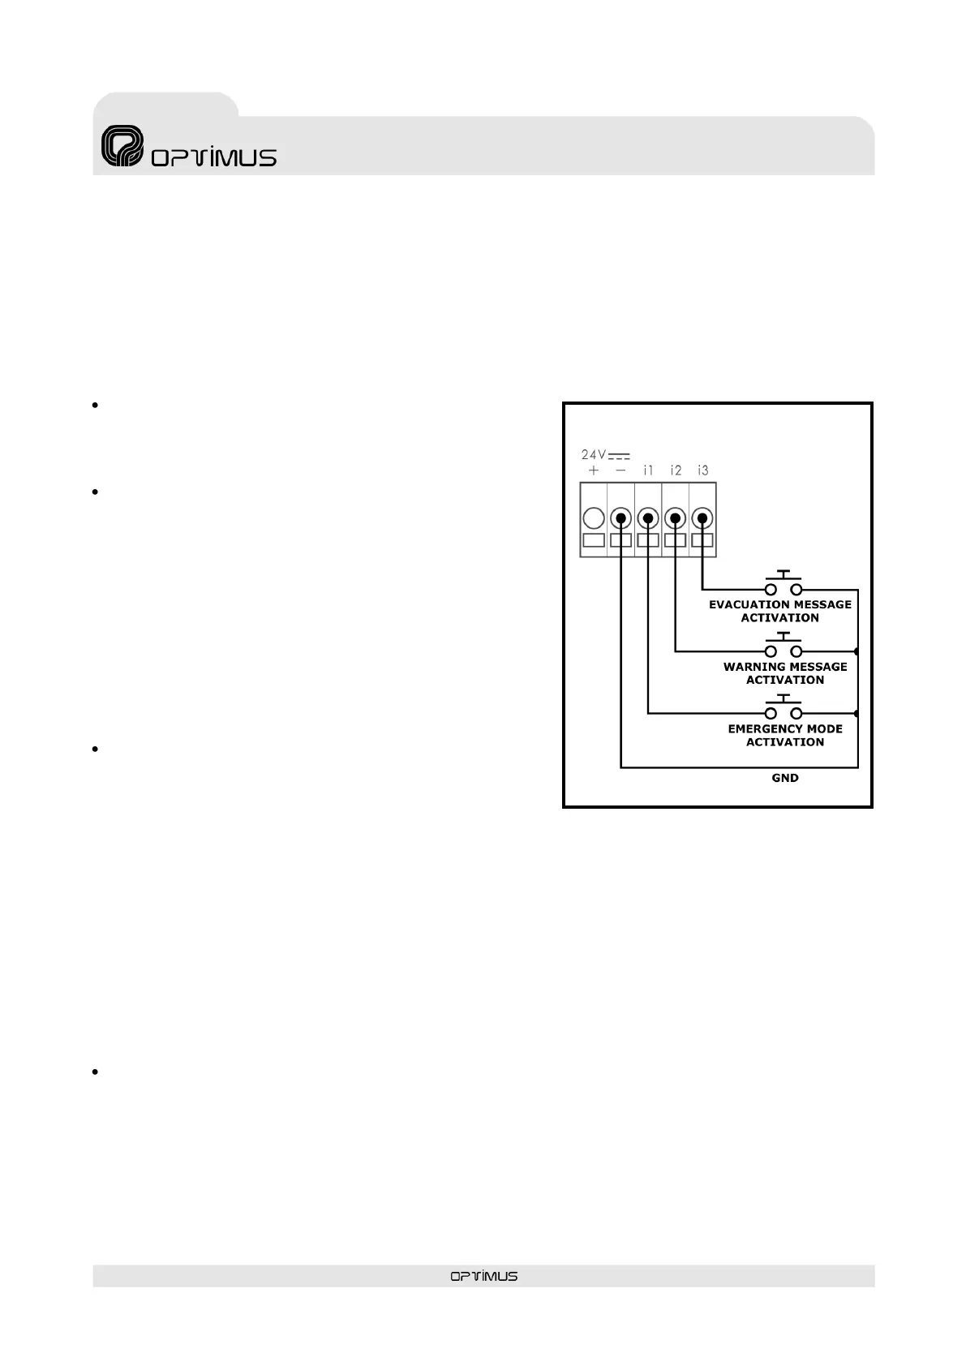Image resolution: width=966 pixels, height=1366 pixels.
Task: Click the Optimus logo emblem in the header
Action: pos(122,147)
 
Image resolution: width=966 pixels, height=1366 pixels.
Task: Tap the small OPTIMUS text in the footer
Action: pos(483,1276)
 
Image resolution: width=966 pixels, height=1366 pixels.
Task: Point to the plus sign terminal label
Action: pos(594,470)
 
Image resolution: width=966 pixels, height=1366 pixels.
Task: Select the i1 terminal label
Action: pos(648,470)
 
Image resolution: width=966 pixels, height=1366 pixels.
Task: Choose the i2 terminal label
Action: pos(676,470)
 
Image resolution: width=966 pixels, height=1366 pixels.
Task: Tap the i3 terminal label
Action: pos(702,470)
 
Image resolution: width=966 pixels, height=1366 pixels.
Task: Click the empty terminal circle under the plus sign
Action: pos(594,518)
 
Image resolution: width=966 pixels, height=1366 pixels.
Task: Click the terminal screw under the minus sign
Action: pos(620,518)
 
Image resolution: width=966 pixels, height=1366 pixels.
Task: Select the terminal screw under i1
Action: pos(648,518)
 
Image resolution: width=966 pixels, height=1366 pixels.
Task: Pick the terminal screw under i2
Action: pos(676,518)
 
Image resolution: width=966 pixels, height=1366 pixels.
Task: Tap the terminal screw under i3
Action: pos(702,518)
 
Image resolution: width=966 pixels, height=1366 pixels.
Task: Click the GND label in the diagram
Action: pos(784,778)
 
